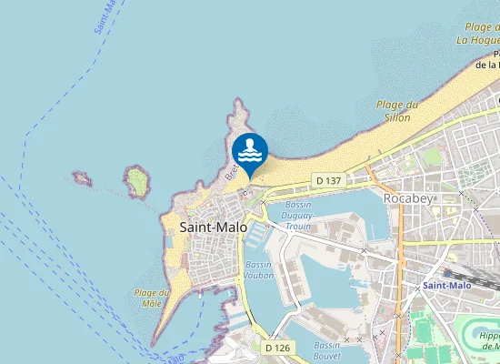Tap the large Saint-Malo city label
tap(214, 227)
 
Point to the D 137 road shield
tap(328, 181)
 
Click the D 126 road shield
tap(277, 348)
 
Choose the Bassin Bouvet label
tap(327, 351)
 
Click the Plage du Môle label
tap(152, 298)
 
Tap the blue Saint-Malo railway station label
tap(447, 286)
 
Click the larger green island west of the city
tap(138, 182)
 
